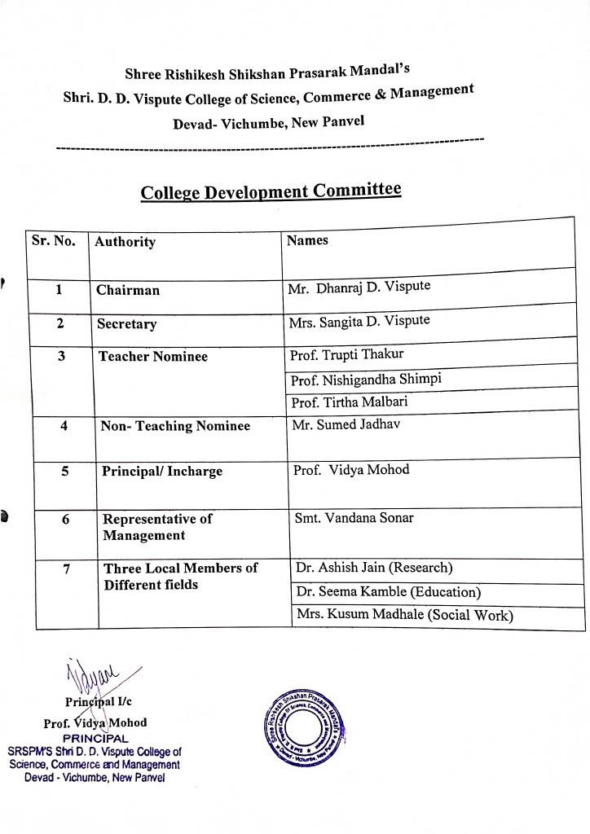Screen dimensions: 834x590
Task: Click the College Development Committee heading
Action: [271, 192]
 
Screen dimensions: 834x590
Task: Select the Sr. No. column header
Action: [53, 241]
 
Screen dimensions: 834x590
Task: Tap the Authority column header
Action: [125, 242]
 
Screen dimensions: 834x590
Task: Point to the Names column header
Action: [307, 240]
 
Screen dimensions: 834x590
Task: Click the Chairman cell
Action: [128, 290]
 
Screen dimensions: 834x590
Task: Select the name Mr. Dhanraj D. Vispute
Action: [359, 288]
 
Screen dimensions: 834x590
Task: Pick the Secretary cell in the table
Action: [126, 324]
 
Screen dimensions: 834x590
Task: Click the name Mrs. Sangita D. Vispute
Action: [359, 321]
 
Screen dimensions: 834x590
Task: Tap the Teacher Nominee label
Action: [153, 357]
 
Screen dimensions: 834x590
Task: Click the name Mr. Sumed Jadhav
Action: [346, 424]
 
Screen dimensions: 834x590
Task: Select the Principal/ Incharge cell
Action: [161, 472]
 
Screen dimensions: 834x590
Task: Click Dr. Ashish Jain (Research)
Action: [374, 568]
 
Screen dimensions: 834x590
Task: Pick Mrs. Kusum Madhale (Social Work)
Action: [404, 615]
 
